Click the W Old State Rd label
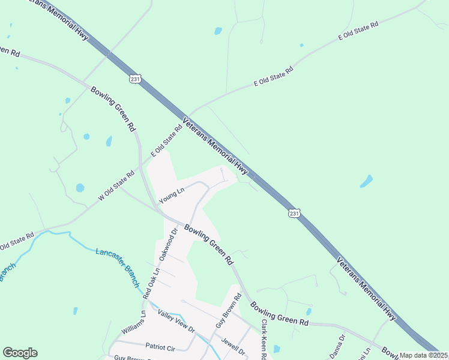(116, 186)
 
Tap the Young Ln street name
(170, 196)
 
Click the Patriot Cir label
(160, 346)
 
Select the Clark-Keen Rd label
(263, 339)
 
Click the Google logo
(20, 353)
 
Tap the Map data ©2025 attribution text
(424, 355)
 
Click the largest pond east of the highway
(366, 181)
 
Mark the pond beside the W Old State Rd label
(80, 188)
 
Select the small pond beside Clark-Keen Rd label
(277, 349)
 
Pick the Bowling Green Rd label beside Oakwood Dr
(208, 244)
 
